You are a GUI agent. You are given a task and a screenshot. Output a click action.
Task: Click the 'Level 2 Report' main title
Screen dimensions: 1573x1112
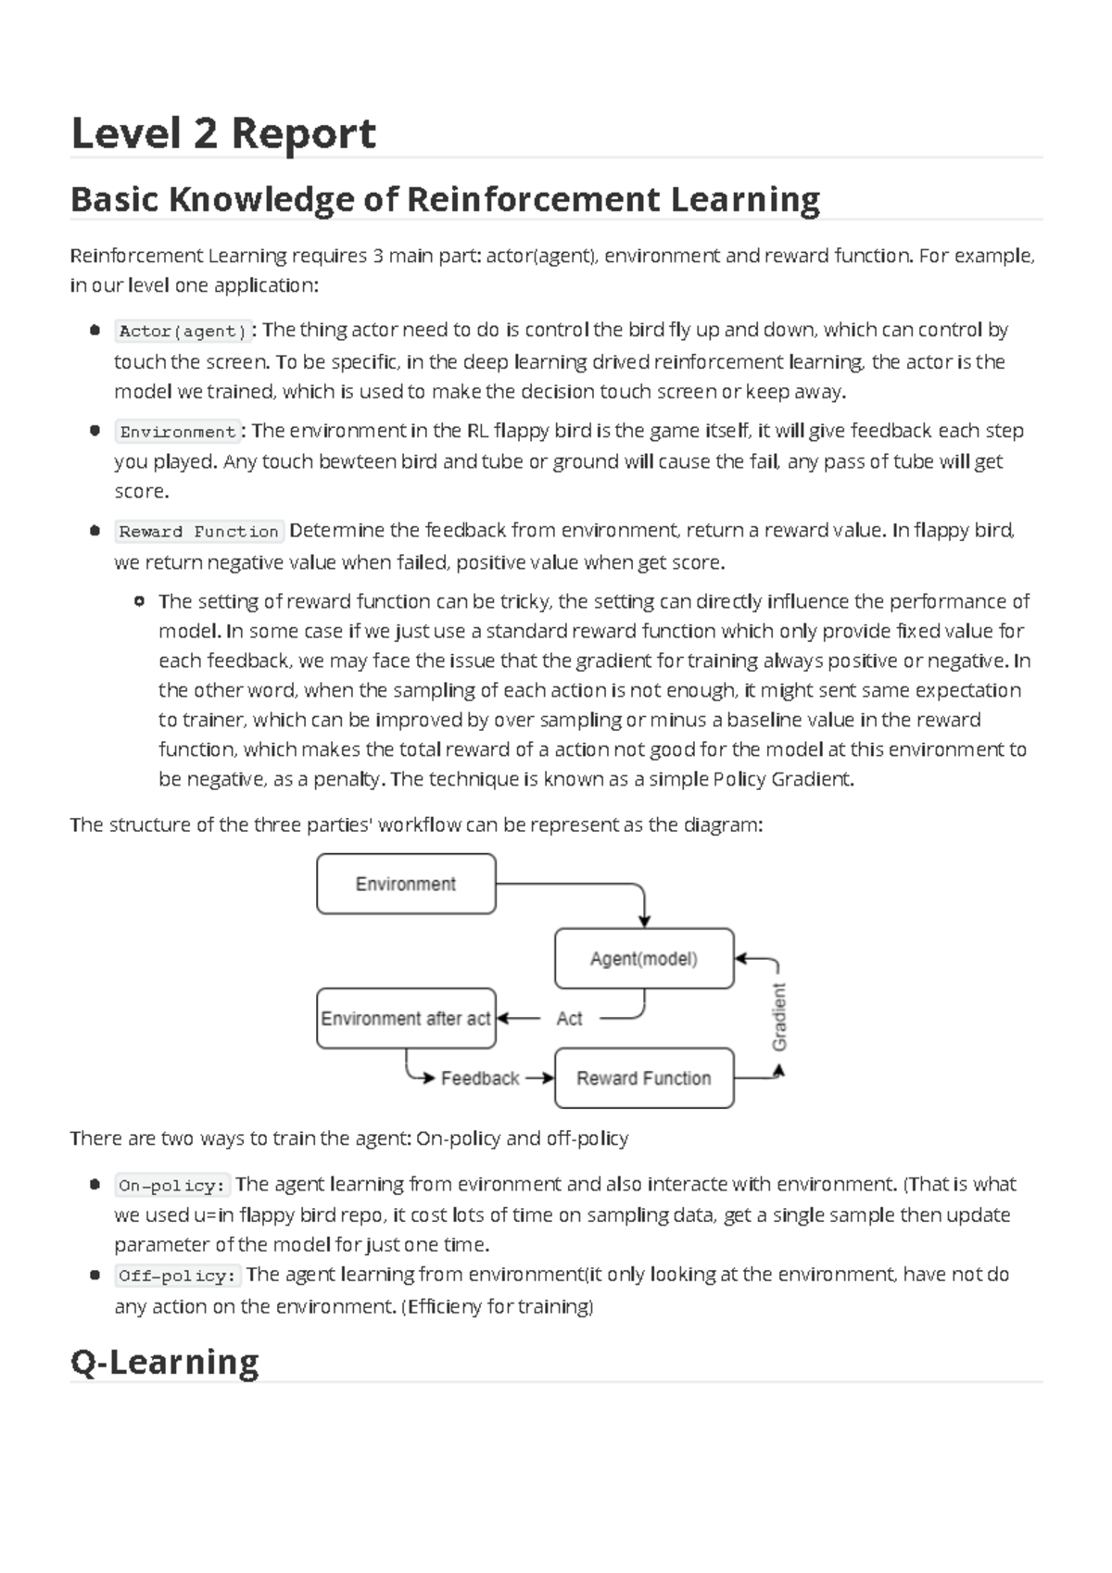tap(223, 133)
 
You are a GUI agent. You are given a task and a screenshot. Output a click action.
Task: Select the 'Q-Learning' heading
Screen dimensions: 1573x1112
tap(164, 1362)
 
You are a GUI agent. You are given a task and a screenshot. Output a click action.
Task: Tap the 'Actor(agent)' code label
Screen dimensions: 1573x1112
tap(183, 332)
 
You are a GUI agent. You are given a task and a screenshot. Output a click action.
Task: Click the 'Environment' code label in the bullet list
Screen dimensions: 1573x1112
tap(178, 432)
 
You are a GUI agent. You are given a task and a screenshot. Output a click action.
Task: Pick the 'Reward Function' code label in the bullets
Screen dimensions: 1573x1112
tap(198, 532)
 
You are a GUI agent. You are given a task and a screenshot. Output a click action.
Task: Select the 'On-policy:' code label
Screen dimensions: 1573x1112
tap(172, 1186)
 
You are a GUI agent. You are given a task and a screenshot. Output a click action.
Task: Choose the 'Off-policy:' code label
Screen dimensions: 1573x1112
tap(177, 1276)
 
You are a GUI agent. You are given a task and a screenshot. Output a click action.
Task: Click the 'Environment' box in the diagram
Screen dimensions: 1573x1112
tap(406, 884)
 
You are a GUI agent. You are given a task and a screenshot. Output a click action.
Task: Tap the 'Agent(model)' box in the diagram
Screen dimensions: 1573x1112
tap(644, 959)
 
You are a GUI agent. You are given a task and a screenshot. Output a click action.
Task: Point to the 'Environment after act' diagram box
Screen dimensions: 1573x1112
tap(405, 1018)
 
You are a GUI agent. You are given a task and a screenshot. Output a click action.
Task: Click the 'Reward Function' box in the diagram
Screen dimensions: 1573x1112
tap(644, 1078)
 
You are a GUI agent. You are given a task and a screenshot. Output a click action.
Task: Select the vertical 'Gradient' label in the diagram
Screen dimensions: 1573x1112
tap(779, 1017)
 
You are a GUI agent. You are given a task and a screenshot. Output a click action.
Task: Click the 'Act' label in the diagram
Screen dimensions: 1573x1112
tap(569, 1018)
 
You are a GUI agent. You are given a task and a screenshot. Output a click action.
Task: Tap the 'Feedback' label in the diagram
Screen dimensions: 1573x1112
tap(480, 1078)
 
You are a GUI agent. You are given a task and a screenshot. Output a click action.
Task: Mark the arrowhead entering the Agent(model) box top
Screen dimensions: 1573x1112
tap(644, 921)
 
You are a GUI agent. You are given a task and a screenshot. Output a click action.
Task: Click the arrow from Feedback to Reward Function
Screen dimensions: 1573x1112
tap(538, 1078)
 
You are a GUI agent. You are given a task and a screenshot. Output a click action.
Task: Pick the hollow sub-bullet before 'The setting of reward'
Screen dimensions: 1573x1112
tap(139, 602)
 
